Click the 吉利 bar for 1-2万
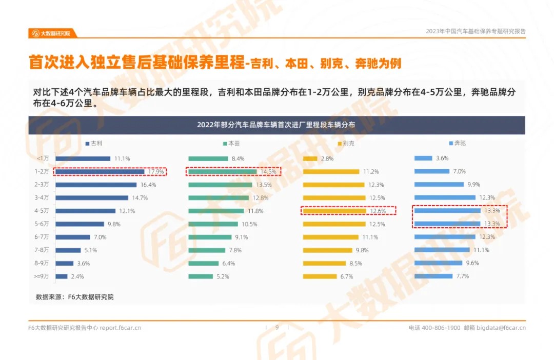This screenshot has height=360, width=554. pos(100,172)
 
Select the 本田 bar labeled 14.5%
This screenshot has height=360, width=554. pos(222,172)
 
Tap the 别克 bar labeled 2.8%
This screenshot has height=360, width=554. pos(310,159)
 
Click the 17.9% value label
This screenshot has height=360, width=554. pos(156,172)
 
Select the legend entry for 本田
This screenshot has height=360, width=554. pos(232,144)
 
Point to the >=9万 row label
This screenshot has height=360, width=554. pos(42,276)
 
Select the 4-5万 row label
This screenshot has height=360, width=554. pos(43,211)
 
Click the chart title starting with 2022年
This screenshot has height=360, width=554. pos(276,125)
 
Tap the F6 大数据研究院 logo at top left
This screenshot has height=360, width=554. pos(51,33)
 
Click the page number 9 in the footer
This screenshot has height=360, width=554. pos(277,328)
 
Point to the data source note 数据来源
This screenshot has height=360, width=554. pos(74,297)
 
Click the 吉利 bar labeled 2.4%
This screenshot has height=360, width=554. pos(62,276)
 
